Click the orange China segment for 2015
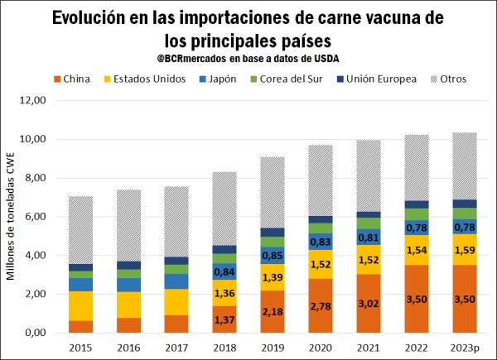[x=80, y=327]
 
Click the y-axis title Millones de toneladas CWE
[x=11, y=217]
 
